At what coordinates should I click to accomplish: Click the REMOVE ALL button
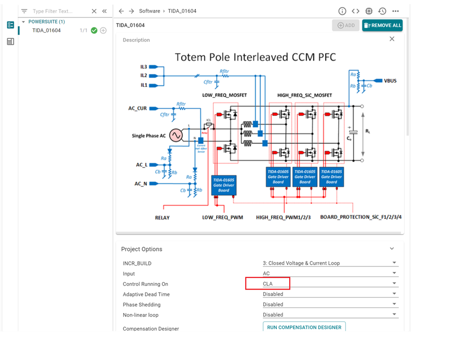382,25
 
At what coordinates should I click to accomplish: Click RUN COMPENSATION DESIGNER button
304,327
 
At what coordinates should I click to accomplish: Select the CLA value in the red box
268,284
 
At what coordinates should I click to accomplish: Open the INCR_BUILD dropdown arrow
394,263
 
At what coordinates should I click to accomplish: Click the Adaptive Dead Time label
146,294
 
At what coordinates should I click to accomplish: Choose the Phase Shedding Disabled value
273,304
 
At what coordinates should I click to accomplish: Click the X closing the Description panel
392,39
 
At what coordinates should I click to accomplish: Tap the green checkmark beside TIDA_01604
94,30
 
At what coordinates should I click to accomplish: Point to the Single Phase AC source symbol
176,135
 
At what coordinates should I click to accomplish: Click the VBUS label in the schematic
390,80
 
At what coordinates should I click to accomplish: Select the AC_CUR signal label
138,108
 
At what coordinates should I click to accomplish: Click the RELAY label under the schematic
162,217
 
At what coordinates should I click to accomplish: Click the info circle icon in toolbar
342,11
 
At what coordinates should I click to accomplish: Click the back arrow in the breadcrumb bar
121,11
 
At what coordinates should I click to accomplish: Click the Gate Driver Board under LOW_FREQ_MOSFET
224,185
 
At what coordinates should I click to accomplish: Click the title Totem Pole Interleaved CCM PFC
255,57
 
